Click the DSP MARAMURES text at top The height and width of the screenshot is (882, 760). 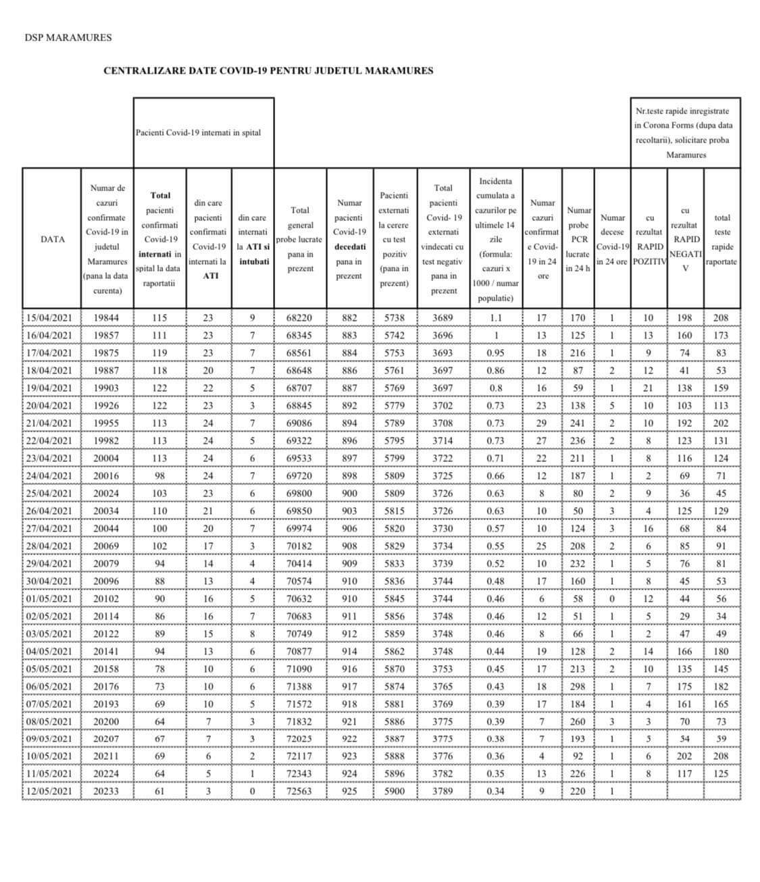coord(68,38)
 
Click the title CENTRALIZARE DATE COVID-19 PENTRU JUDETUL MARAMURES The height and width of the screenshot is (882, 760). coord(268,70)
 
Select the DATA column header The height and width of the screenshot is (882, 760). coord(52,239)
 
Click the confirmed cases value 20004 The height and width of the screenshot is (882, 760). coord(107,458)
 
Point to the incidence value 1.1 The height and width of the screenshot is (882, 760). coord(495,318)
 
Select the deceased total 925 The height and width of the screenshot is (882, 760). coord(349,791)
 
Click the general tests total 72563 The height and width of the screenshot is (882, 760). coord(300,791)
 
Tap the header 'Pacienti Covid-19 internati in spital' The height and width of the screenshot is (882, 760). coord(198,133)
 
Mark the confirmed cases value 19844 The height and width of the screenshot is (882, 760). coord(107,318)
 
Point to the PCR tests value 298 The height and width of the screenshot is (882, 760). coord(578,686)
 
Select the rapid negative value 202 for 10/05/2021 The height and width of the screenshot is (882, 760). coord(684,756)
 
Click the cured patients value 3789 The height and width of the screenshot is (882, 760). coord(443,791)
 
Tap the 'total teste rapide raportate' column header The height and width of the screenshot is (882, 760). coord(721,239)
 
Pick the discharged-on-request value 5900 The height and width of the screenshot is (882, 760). coord(395,791)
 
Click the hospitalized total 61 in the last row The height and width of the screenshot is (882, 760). coord(159,791)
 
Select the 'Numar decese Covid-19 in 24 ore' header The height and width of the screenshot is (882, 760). coord(612,239)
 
